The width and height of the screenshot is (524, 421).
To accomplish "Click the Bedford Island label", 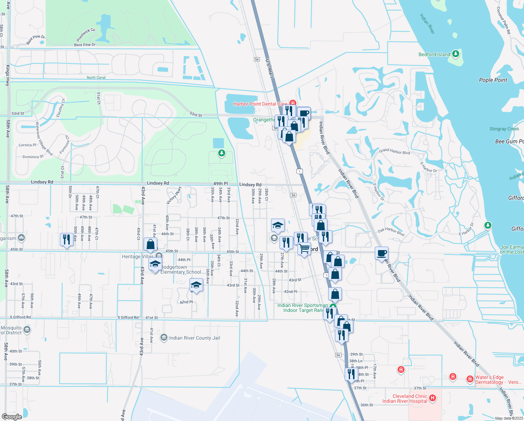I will [434, 54].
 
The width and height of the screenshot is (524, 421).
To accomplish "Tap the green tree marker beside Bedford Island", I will [455, 54].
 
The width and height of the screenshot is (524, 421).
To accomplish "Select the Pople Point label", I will [493, 80].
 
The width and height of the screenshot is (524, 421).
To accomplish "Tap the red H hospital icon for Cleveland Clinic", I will [433, 398].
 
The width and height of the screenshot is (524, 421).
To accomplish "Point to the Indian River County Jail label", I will [194, 338].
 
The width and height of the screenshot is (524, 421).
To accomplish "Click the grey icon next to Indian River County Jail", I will [164, 338].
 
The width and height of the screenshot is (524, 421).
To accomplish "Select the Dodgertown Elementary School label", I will [180, 269].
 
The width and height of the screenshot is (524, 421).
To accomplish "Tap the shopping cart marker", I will [304, 248].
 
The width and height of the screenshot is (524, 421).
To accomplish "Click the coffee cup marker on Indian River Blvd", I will [381, 253].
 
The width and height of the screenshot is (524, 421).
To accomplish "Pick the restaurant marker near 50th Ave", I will [67, 240].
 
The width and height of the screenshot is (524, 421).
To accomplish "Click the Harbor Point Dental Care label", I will [260, 104].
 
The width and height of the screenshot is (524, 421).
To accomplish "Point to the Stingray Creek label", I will [504, 129].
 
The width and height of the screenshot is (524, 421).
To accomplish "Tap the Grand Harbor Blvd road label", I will [394, 151].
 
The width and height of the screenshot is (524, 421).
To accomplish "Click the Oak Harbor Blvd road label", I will [391, 232].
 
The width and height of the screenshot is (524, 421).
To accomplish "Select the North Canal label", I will [96, 78].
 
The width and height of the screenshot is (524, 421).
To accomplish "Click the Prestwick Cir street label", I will [86, 34].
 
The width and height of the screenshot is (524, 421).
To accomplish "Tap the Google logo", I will [12, 417].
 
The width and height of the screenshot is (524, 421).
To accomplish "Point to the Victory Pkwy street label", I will [173, 195].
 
